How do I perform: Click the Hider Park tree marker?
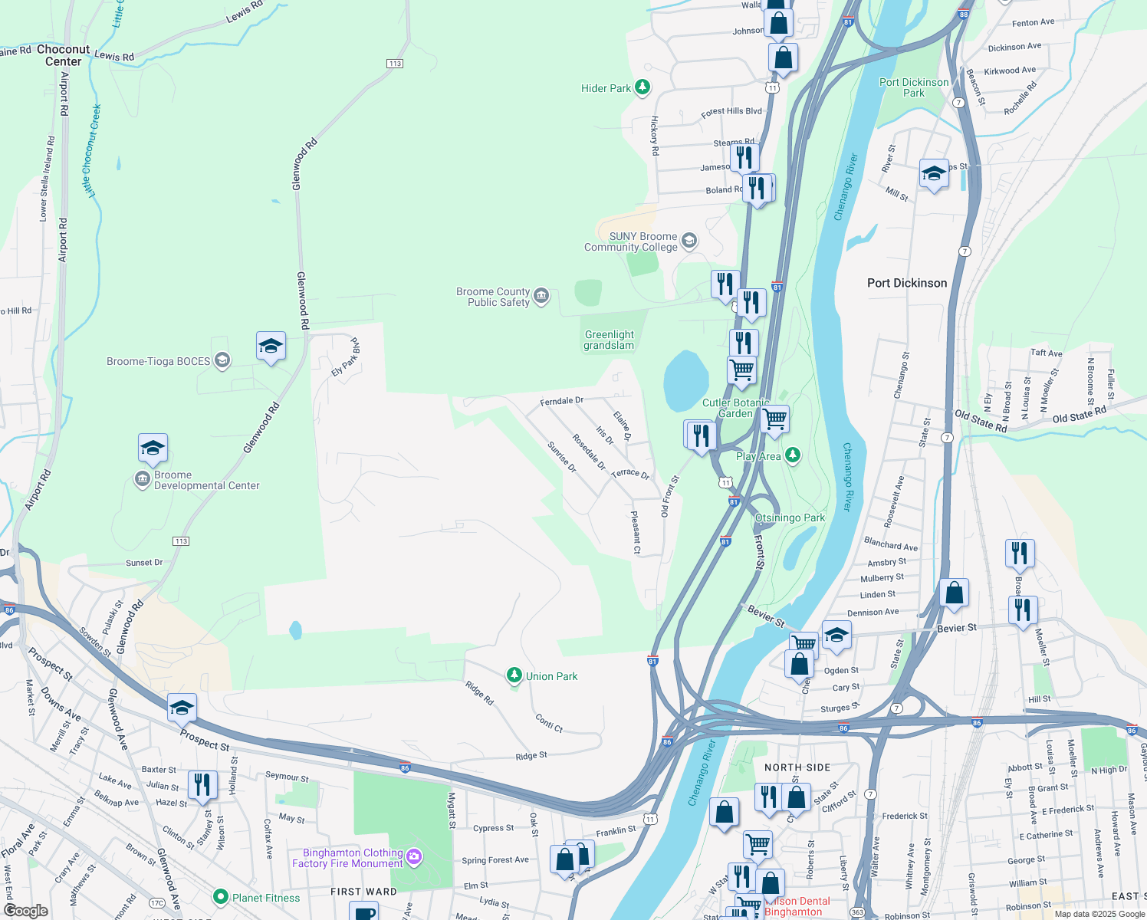click(643, 88)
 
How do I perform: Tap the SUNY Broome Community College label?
click(631, 242)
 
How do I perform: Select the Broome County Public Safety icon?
click(541, 297)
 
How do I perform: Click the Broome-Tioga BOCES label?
click(158, 361)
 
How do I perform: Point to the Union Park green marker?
click(514, 675)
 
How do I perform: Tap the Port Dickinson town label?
click(907, 283)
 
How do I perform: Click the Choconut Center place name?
click(64, 55)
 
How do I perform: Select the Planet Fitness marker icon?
click(221, 897)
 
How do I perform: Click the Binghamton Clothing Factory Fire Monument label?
click(347, 858)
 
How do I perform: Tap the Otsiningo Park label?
click(790, 517)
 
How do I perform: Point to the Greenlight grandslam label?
click(609, 340)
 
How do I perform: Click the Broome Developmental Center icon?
click(143, 480)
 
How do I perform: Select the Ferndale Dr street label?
click(561, 401)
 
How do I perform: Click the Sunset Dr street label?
click(144, 563)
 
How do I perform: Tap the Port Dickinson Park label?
click(914, 87)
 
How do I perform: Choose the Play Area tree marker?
click(793, 456)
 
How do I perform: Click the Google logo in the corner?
click(25, 910)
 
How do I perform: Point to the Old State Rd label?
click(1079, 415)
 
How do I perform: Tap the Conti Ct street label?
click(549, 723)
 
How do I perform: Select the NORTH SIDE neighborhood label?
click(797, 767)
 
